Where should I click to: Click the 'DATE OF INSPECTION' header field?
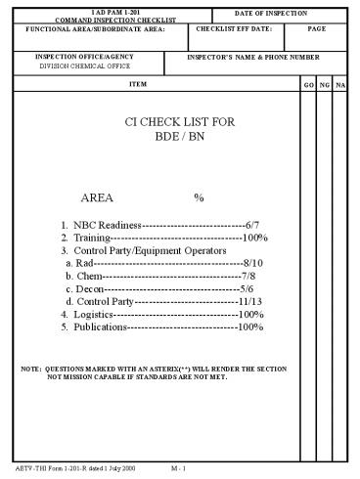[272, 12]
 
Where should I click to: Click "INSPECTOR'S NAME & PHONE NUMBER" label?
[253, 57]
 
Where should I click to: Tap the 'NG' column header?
[325, 86]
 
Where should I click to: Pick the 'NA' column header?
[340, 86]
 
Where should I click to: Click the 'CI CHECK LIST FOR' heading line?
[182, 124]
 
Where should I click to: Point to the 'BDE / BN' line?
[181, 140]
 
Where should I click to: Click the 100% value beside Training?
[255, 238]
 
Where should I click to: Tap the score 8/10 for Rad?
[252, 264]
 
